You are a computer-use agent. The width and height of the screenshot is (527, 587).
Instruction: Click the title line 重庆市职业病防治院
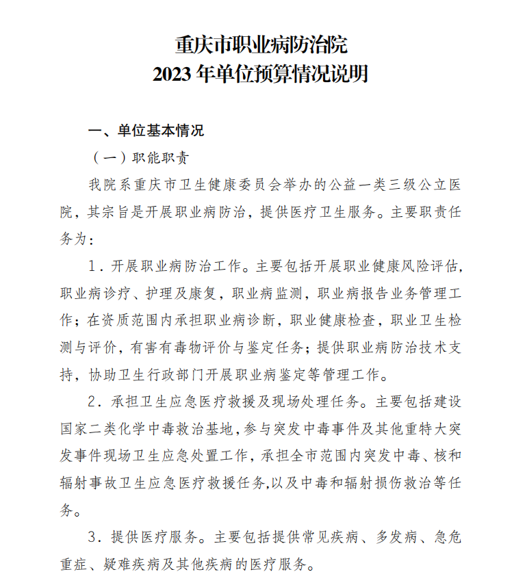coord(262,46)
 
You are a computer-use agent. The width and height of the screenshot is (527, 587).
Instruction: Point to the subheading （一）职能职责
coord(140,157)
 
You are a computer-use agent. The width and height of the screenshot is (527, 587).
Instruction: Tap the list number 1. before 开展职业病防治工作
coord(95,265)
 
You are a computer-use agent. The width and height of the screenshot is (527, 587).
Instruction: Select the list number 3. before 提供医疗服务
coord(95,537)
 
